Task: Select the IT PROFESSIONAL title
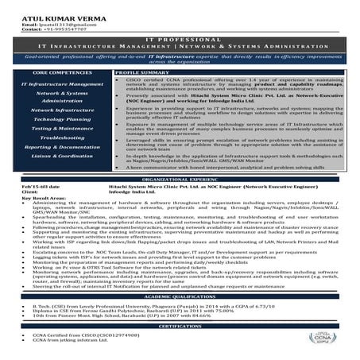180,39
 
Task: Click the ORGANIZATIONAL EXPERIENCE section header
180,180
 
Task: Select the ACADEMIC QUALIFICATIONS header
180,296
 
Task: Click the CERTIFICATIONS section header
180,326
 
